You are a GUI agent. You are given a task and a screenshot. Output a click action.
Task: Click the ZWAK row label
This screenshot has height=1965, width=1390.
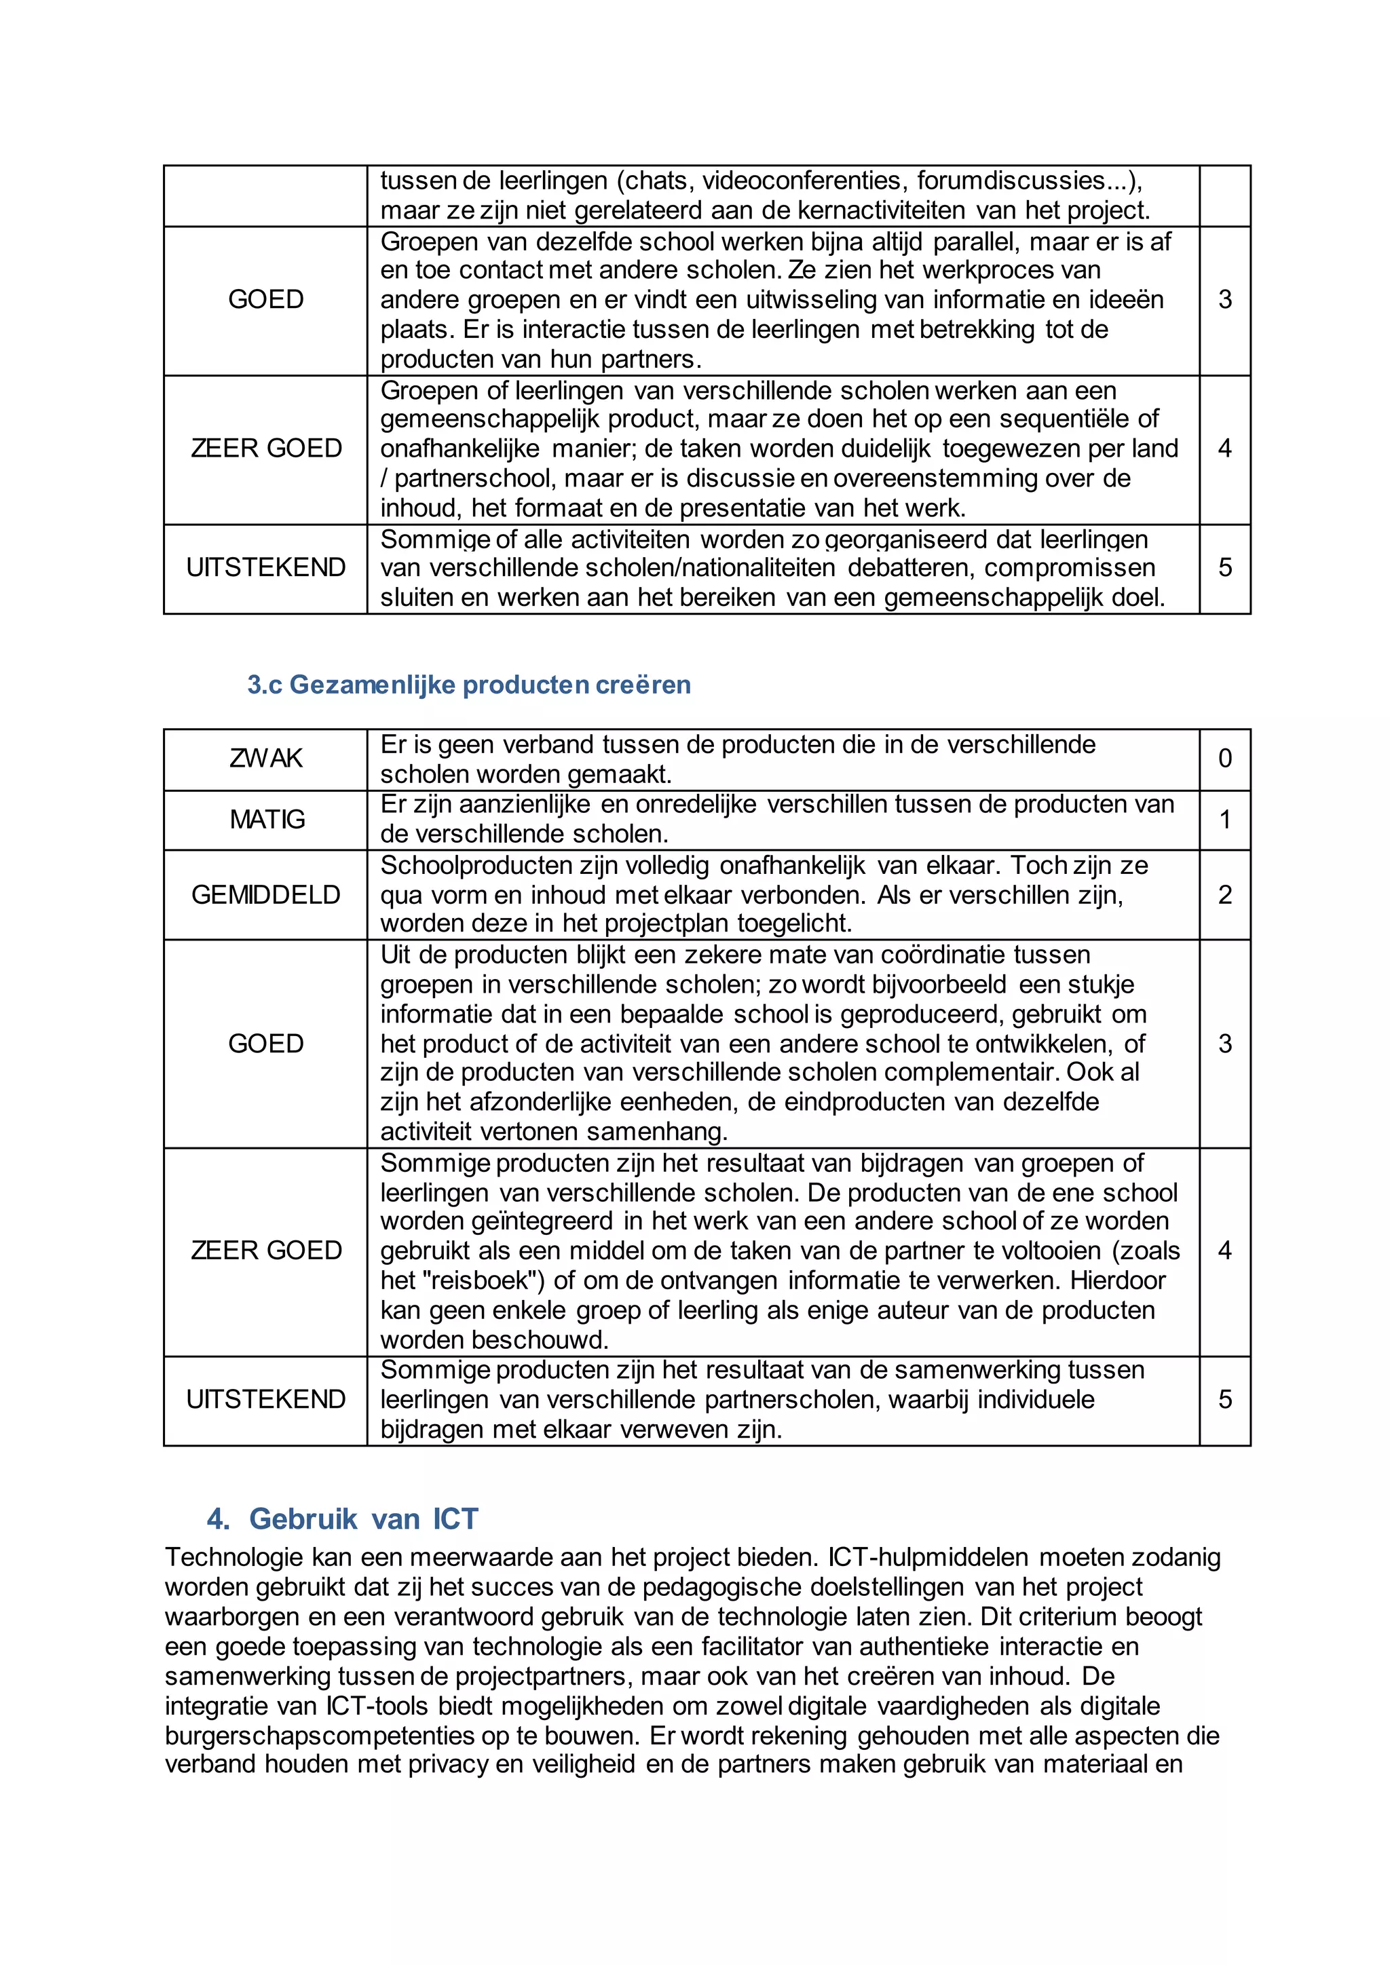click(265, 759)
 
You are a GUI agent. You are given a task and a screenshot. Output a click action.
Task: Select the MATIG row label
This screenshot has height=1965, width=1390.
click(266, 819)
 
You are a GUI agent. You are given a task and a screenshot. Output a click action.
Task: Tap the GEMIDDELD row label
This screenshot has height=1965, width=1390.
click(265, 894)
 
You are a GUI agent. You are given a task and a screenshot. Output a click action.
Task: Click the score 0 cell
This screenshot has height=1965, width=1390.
click(1225, 759)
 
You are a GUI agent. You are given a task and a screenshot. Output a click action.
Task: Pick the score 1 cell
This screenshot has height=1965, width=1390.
click(1225, 819)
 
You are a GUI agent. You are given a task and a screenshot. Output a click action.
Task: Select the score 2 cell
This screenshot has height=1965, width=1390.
click(1225, 894)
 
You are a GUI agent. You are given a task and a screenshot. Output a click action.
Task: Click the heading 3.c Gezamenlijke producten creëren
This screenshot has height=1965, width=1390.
click(468, 685)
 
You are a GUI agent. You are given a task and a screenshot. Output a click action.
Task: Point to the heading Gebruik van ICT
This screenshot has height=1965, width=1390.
click(363, 1519)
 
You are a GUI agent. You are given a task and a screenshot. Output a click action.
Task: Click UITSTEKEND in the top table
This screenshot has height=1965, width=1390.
click(265, 567)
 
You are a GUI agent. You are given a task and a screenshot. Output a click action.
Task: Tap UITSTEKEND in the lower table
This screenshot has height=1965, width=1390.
click(265, 1399)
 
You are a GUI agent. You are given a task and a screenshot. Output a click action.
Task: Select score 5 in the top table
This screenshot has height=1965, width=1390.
click(1225, 567)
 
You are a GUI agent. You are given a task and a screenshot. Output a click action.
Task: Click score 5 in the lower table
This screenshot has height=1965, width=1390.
click(1225, 1399)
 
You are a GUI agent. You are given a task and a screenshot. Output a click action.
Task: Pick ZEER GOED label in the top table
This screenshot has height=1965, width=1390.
click(265, 449)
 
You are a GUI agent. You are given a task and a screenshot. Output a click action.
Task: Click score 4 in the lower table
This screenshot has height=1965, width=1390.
click(1225, 1251)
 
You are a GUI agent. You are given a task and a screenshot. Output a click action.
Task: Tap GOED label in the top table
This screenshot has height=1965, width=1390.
click(265, 299)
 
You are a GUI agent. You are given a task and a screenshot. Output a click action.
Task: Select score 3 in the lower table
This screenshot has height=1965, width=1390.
click(1225, 1044)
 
